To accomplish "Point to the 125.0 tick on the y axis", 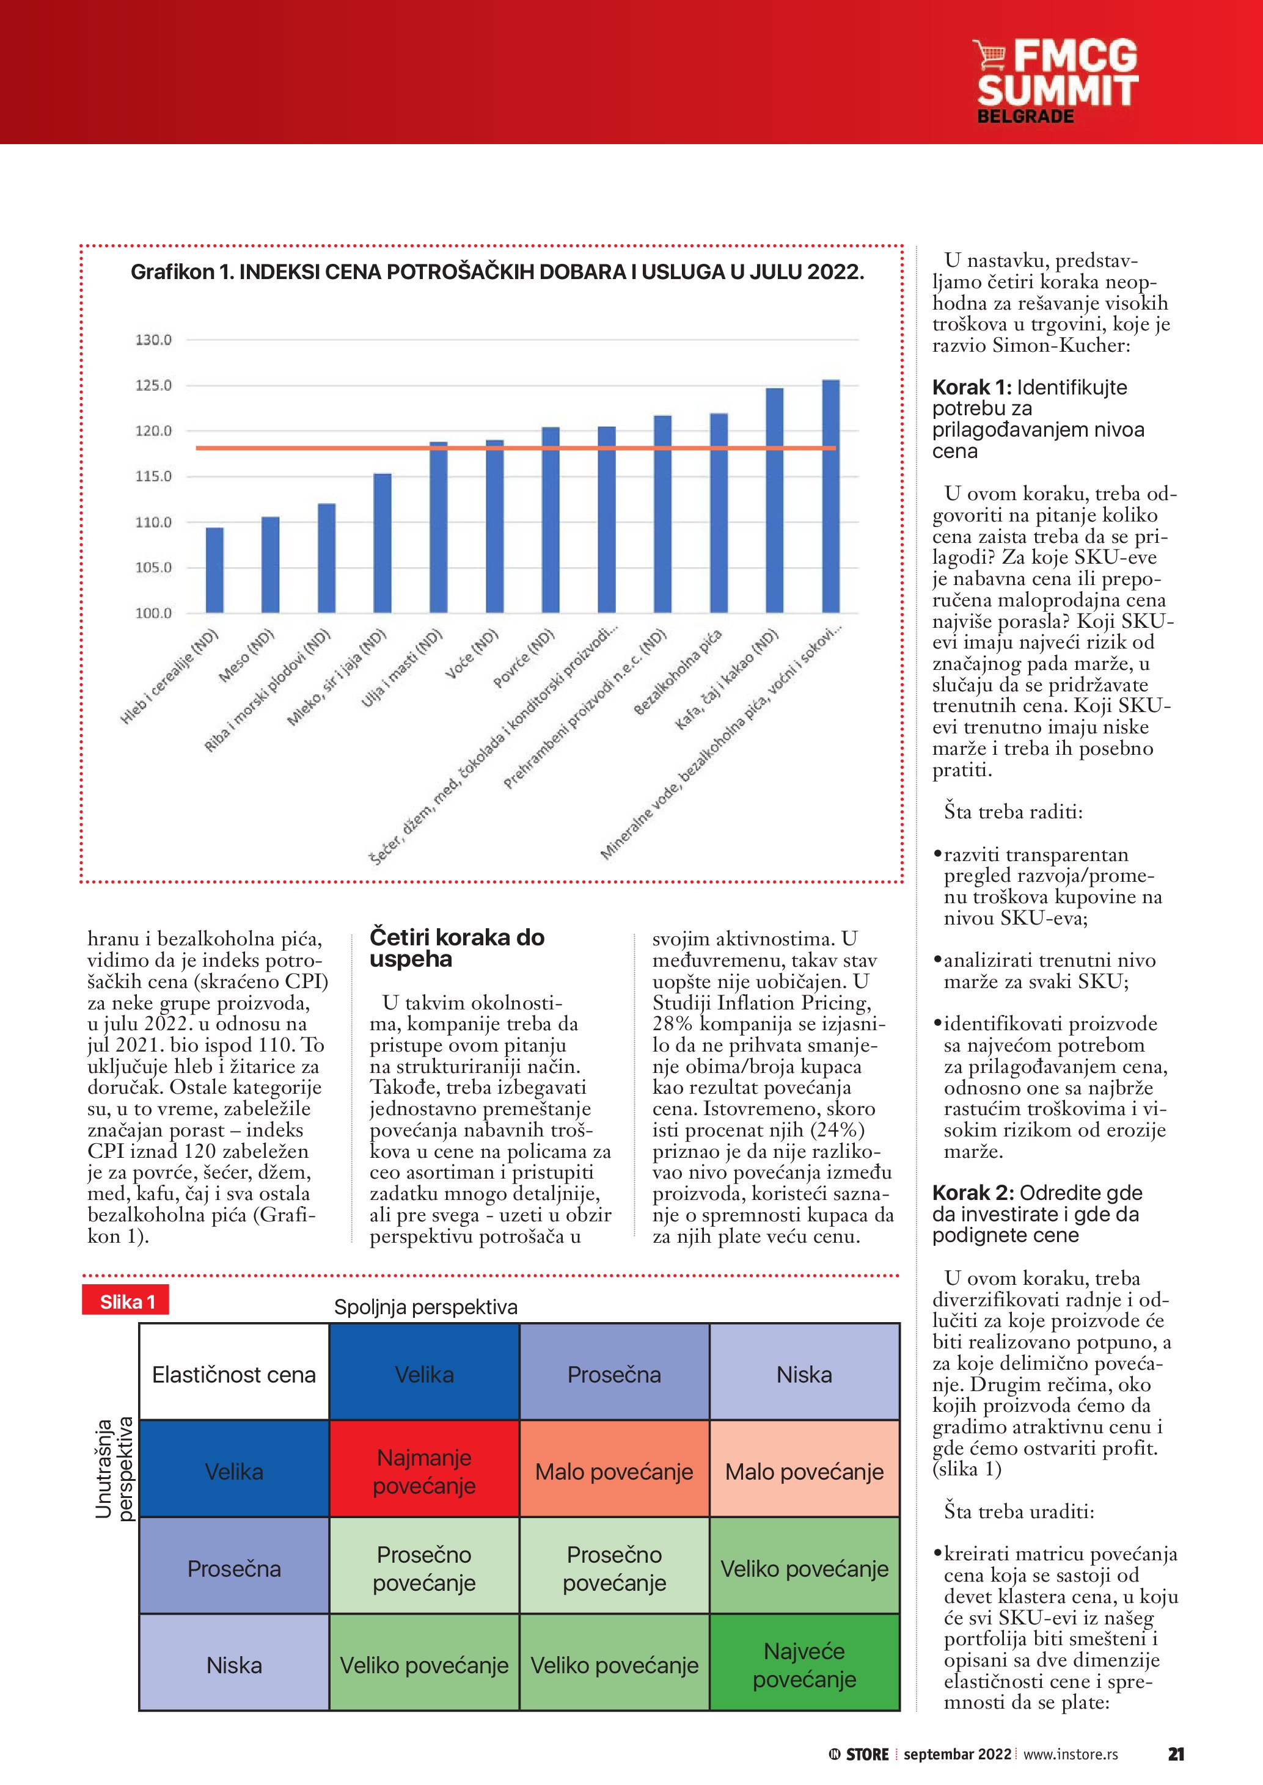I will click(153, 385).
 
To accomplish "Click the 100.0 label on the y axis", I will click(153, 613).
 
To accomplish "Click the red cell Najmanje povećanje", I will click(424, 1471).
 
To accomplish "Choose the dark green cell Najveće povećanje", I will click(804, 1665).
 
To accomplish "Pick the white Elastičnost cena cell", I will click(234, 1375).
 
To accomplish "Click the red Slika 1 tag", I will click(126, 1302).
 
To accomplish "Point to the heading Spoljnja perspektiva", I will click(425, 1307).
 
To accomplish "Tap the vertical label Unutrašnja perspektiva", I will click(114, 1469).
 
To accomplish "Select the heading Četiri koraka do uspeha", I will click(456, 948).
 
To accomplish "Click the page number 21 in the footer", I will click(1175, 1754).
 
